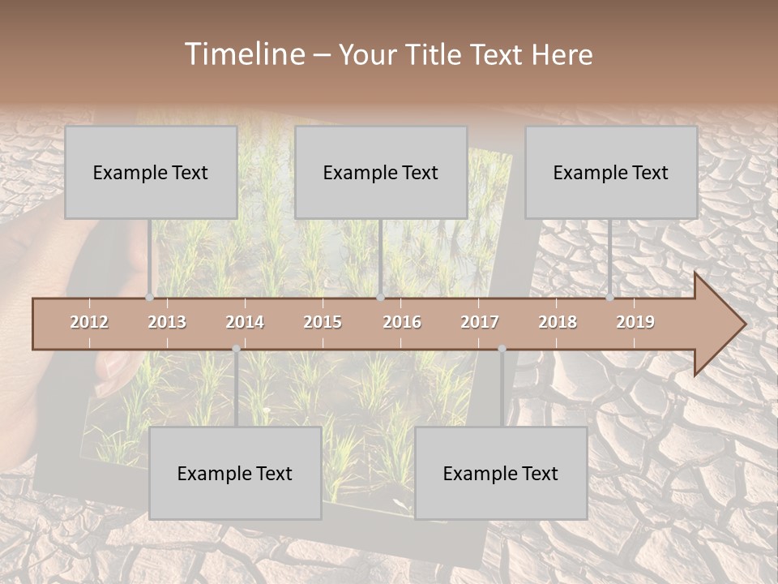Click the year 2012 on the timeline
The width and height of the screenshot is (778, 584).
coord(89,322)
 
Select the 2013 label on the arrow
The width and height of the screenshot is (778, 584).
coord(167,322)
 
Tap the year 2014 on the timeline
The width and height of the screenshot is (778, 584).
coord(245,322)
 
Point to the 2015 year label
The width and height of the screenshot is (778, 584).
coord(323,322)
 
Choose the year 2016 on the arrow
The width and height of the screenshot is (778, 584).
coord(402,322)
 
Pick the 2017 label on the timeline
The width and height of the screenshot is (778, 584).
coord(480,322)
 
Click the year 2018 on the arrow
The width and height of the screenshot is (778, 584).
coord(558,322)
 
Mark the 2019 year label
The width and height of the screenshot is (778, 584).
coord(635,322)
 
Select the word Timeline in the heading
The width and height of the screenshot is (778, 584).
coord(243,54)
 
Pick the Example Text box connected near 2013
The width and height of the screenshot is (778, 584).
coord(151,172)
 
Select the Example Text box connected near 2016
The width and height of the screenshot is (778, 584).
coord(381,172)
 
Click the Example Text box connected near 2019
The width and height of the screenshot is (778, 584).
coord(611,172)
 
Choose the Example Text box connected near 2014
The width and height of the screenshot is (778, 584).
coord(235,473)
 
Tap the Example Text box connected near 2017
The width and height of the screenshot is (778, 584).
coord(501,473)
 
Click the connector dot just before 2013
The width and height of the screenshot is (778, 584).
coord(149,298)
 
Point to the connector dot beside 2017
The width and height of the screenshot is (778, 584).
coord(502,349)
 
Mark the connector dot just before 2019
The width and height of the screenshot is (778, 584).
coord(609,298)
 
